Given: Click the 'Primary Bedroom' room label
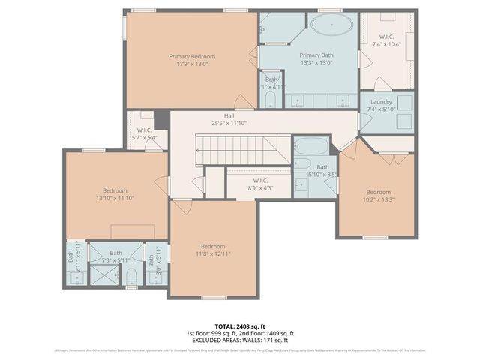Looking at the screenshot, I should click(x=192, y=56).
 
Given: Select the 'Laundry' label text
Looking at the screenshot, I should click(x=381, y=101).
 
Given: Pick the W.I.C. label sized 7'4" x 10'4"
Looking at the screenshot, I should click(x=386, y=37).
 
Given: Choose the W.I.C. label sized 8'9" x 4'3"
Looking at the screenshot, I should click(x=261, y=180).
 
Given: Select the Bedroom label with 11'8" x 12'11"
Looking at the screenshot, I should click(x=212, y=246).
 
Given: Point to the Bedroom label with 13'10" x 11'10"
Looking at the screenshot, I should click(x=115, y=191).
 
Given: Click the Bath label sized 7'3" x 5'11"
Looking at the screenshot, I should click(x=115, y=253).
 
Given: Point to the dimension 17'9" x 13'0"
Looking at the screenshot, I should click(x=192, y=64).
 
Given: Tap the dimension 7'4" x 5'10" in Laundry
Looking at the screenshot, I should click(x=381, y=109).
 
